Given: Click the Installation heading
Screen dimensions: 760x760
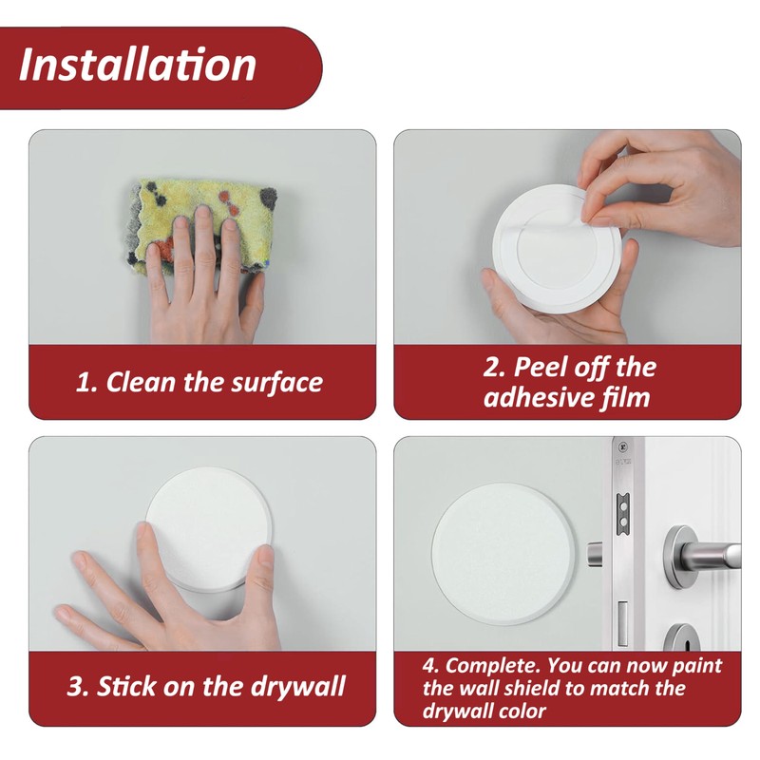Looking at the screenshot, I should (x=138, y=65).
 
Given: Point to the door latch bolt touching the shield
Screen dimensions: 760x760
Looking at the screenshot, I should (x=595, y=552).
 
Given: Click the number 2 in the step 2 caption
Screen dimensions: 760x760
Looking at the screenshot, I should (x=492, y=368).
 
